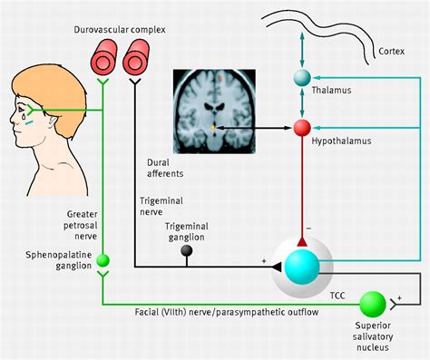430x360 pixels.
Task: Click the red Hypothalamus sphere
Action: tap(302, 128)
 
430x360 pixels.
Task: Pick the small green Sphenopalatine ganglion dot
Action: tap(103, 261)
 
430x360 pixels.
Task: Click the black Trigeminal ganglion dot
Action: tap(188, 249)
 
